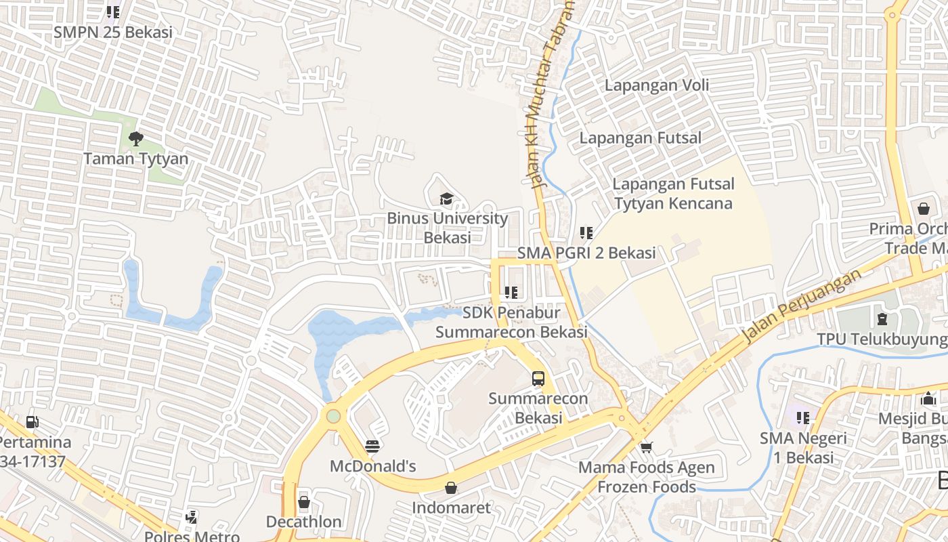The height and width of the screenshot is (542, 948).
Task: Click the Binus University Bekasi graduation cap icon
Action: click(x=446, y=199)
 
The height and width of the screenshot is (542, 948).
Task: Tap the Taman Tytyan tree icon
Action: click(x=135, y=139)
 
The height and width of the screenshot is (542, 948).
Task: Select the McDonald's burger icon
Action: click(x=372, y=446)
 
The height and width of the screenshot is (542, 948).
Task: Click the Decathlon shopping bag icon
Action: click(x=303, y=502)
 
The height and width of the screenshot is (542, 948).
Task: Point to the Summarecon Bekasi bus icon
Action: click(x=538, y=379)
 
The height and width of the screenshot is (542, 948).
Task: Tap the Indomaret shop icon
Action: click(x=451, y=488)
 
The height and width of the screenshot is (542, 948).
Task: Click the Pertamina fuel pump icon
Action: click(x=32, y=422)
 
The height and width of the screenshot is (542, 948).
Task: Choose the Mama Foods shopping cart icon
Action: click(x=646, y=447)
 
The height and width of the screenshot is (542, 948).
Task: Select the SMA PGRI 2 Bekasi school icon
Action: click(x=586, y=233)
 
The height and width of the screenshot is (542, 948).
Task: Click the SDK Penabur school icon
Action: click(x=511, y=293)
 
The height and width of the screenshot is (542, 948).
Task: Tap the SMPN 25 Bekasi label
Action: click(x=113, y=32)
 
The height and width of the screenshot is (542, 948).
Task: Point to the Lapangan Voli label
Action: click(x=657, y=85)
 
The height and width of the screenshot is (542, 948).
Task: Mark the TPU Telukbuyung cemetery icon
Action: click(x=882, y=318)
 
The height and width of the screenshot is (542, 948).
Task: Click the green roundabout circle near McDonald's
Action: click(x=332, y=415)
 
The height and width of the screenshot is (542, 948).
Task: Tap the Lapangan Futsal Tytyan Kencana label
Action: click(x=673, y=194)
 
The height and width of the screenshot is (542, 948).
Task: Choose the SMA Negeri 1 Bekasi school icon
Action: click(x=802, y=418)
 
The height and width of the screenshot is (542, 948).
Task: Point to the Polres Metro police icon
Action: click(x=192, y=517)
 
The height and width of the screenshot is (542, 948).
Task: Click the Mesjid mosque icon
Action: click(x=928, y=398)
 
